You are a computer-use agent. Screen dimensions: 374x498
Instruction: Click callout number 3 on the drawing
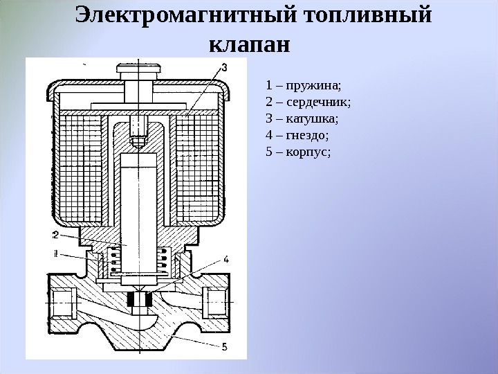(223, 67)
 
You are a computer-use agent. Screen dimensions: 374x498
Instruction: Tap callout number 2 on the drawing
(55, 233)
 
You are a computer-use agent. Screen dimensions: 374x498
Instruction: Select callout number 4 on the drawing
(226, 260)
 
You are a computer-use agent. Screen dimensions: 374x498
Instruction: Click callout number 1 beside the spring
(55, 251)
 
